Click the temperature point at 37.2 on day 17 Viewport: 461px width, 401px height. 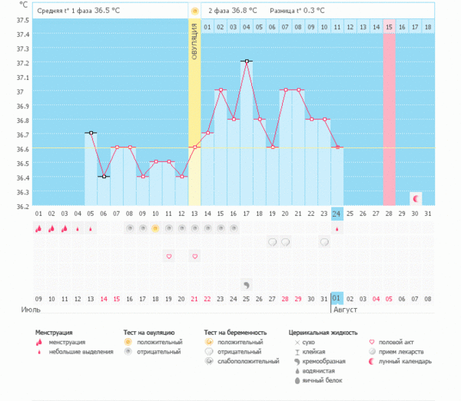tap(246, 61)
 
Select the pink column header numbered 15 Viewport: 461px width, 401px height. tap(390, 28)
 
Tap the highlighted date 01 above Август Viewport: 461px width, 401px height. tap(337, 299)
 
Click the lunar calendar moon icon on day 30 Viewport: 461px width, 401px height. tap(416, 198)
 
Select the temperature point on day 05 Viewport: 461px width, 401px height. tap(90, 133)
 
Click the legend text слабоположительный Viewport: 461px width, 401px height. tap(248, 361)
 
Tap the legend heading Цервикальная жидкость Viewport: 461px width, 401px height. tap(322, 333)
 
